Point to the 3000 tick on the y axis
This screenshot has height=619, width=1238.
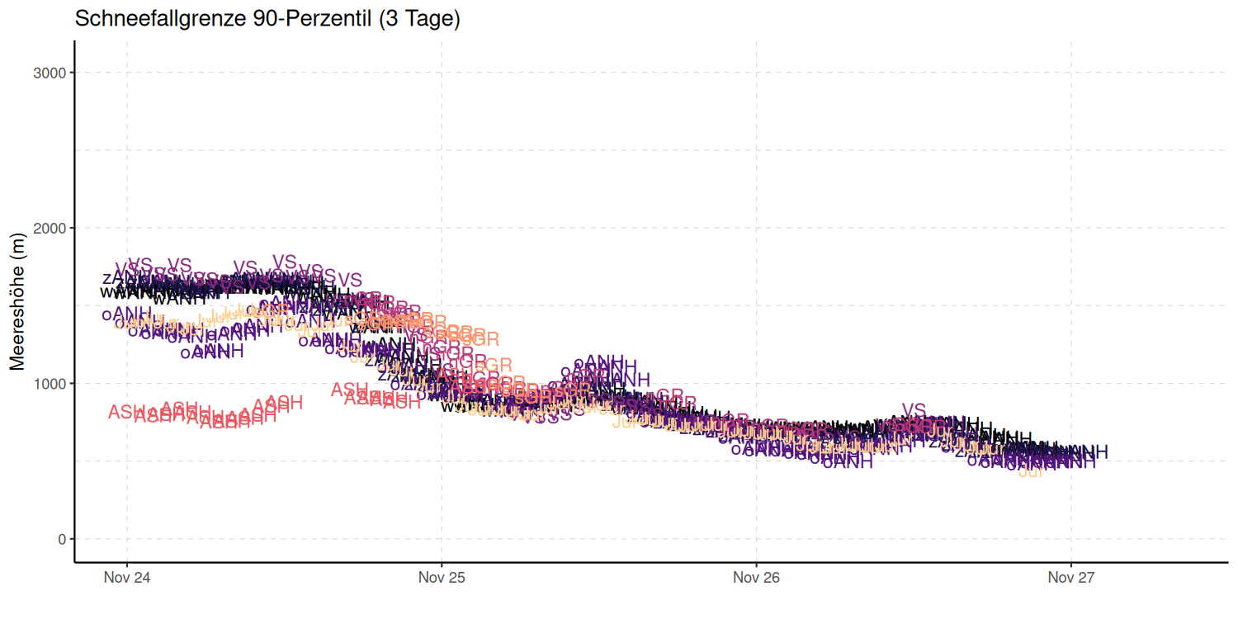(50, 73)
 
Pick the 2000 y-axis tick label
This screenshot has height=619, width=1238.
(50, 228)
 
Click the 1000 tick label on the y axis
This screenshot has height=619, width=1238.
(50, 384)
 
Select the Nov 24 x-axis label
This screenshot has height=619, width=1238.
(126, 578)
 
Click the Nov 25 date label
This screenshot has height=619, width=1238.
(442, 578)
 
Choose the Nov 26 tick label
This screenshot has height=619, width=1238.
(756, 578)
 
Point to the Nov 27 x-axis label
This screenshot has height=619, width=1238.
(1071, 578)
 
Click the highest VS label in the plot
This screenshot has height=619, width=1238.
(284, 262)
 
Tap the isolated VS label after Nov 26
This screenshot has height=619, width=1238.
(914, 410)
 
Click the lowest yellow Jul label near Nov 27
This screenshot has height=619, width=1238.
(1031, 472)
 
